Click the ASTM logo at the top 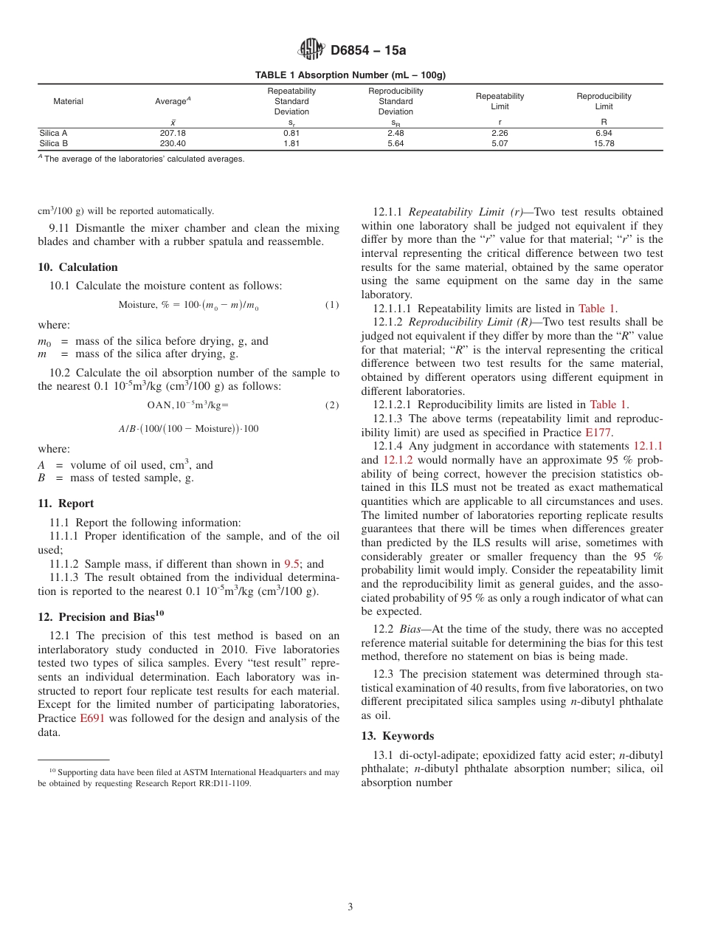point(311,49)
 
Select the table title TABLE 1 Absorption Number point(350,75)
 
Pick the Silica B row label point(53,143)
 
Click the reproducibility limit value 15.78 point(604,143)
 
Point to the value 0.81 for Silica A point(291,134)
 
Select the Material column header point(68,101)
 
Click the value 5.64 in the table point(396,143)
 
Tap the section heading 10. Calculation point(77,267)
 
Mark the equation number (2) point(332,405)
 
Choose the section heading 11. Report point(66,503)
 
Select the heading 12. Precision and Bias point(96,617)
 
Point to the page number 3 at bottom point(350,907)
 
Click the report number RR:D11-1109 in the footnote point(221,783)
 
